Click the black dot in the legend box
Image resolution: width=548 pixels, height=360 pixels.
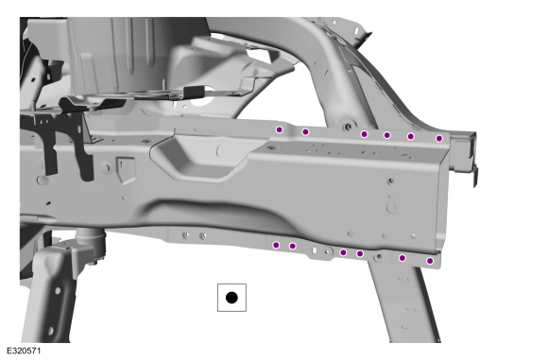[231, 298]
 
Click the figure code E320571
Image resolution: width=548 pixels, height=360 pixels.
[24, 351]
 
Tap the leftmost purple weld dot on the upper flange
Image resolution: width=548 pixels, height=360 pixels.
[280, 129]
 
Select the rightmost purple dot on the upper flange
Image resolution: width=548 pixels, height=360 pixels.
[439, 138]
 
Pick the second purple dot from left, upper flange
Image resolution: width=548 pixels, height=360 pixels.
[305, 131]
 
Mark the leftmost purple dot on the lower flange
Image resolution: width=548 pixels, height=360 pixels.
[276, 245]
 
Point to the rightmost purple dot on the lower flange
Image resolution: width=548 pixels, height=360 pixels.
[430, 261]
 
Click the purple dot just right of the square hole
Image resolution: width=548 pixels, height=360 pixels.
[343, 252]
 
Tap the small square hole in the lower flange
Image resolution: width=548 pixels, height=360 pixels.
[315, 250]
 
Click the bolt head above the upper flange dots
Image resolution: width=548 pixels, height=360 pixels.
[348, 126]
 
